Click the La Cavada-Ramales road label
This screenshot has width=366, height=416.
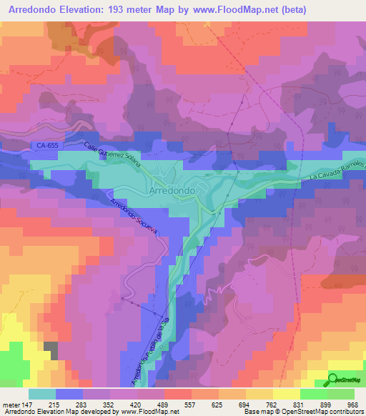tap(337, 171)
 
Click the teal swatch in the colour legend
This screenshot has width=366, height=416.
tap(42, 393)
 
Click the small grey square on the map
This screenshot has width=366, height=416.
tap(51, 350)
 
